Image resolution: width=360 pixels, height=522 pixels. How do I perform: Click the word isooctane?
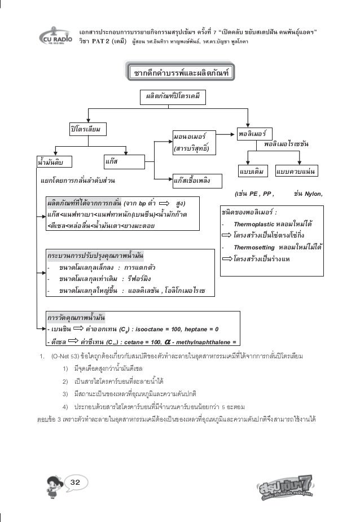point(152,329)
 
